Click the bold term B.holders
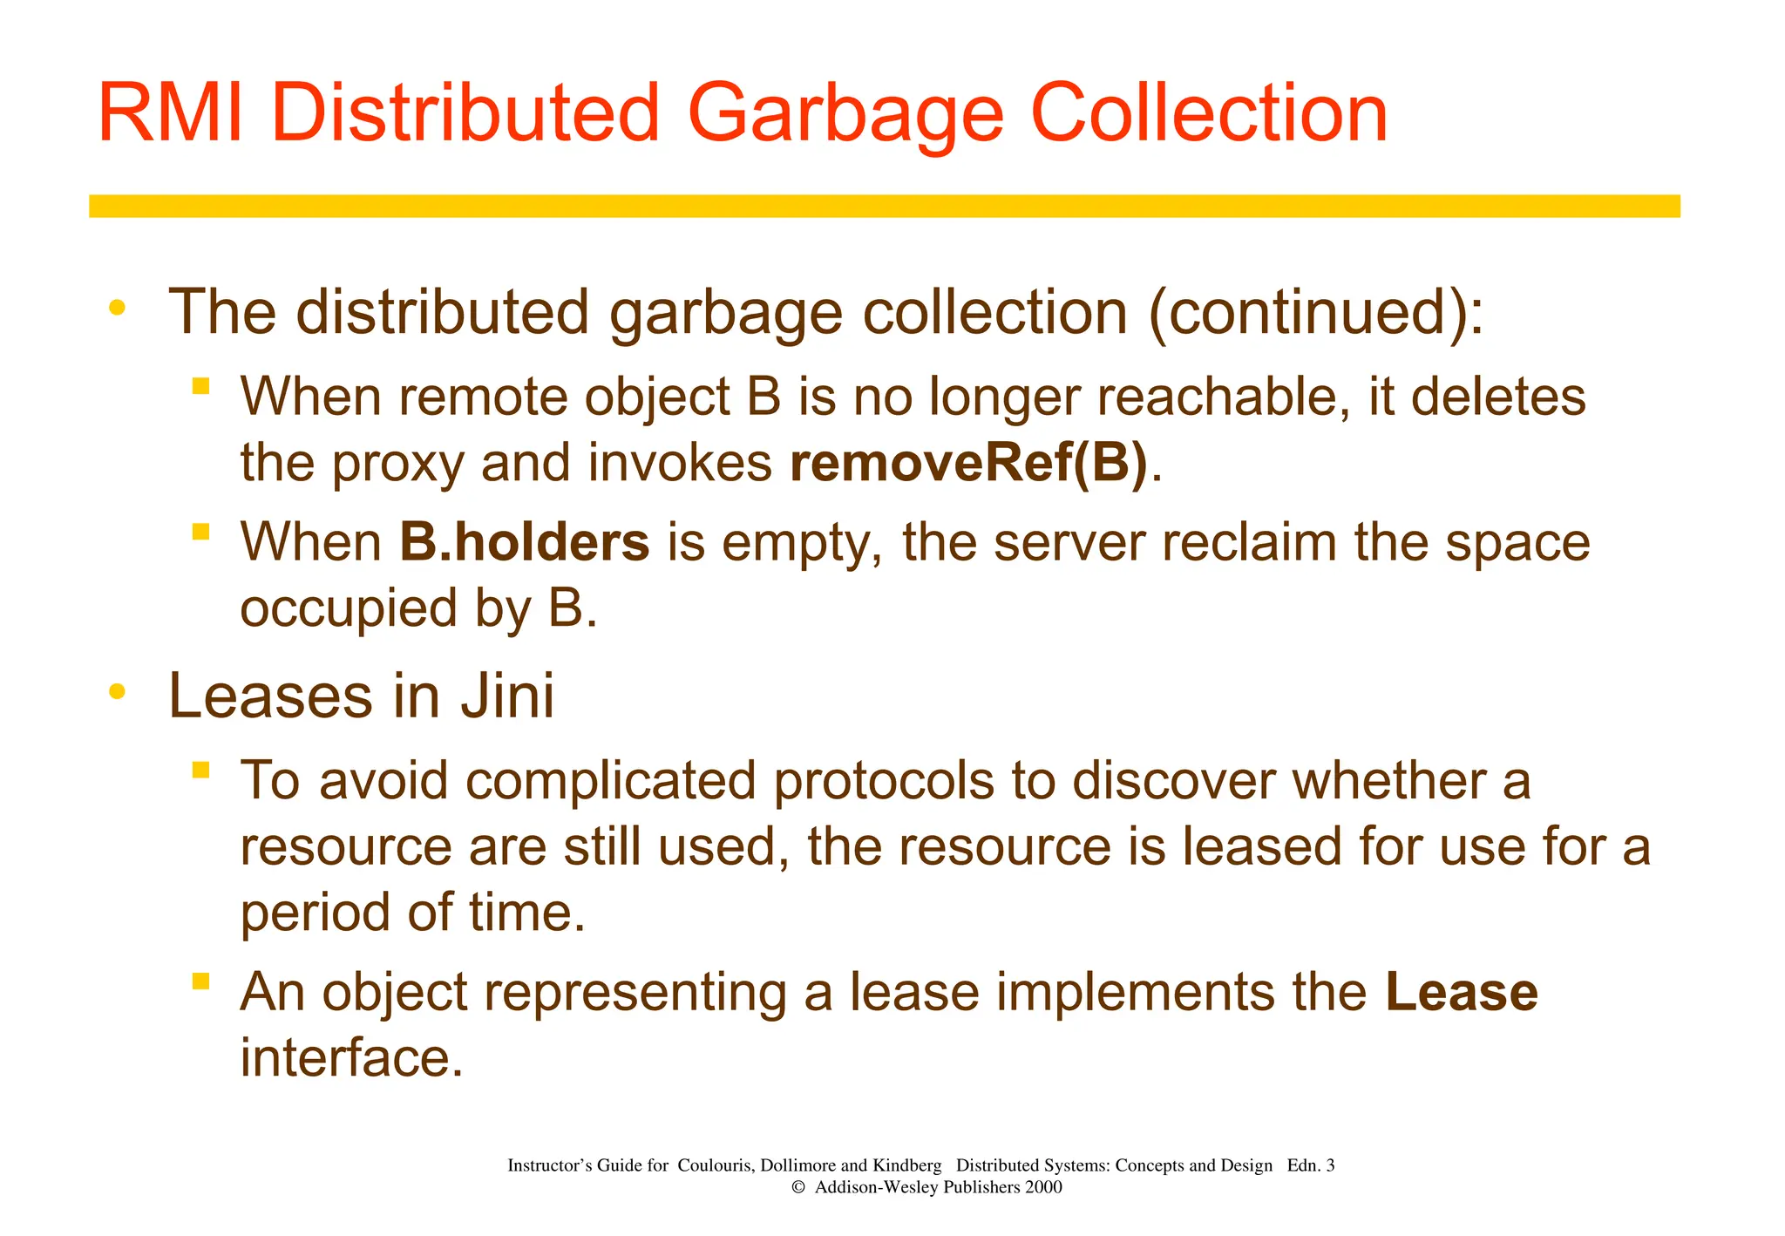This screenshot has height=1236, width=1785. click(x=525, y=542)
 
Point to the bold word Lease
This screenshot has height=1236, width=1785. click(x=1462, y=992)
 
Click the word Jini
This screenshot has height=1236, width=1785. click(x=507, y=696)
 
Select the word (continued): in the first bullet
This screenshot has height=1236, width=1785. click(x=1316, y=312)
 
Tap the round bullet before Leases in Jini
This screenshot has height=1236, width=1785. click(x=117, y=693)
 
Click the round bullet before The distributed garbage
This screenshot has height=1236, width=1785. click(x=117, y=308)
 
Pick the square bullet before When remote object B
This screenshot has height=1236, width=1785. click(x=201, y=386)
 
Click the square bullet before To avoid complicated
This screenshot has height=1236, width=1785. click(x=201, y=770)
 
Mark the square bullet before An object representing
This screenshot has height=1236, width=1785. click(x=201, y=981)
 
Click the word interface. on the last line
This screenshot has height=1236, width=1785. click(x=351, y=1057)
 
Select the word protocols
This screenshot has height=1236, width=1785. click(x=884, y=780)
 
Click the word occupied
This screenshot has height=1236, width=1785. click(x=349, y=608)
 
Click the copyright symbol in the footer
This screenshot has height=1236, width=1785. click(x=797, y=1187)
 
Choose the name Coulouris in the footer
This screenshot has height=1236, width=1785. click(x=713, y=1165)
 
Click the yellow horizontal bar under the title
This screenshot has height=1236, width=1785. click(x=884, y=206)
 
